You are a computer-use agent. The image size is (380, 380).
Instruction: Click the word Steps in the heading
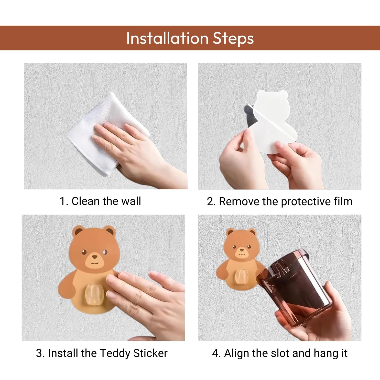coord(233,38)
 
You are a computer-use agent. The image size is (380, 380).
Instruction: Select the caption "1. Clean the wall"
coord(100,201)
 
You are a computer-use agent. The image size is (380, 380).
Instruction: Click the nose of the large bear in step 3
coord(95,257)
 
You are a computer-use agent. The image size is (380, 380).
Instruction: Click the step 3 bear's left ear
coord(78,232)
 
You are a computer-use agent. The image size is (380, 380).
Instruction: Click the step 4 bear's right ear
coord(252,233)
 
